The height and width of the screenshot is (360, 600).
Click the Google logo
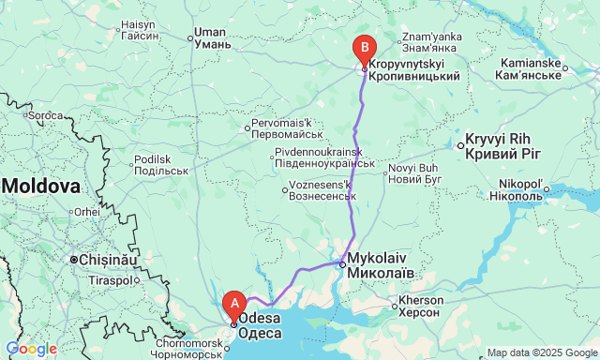click(x=30, y=349)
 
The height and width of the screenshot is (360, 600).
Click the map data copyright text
click(x=542, y=352)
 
